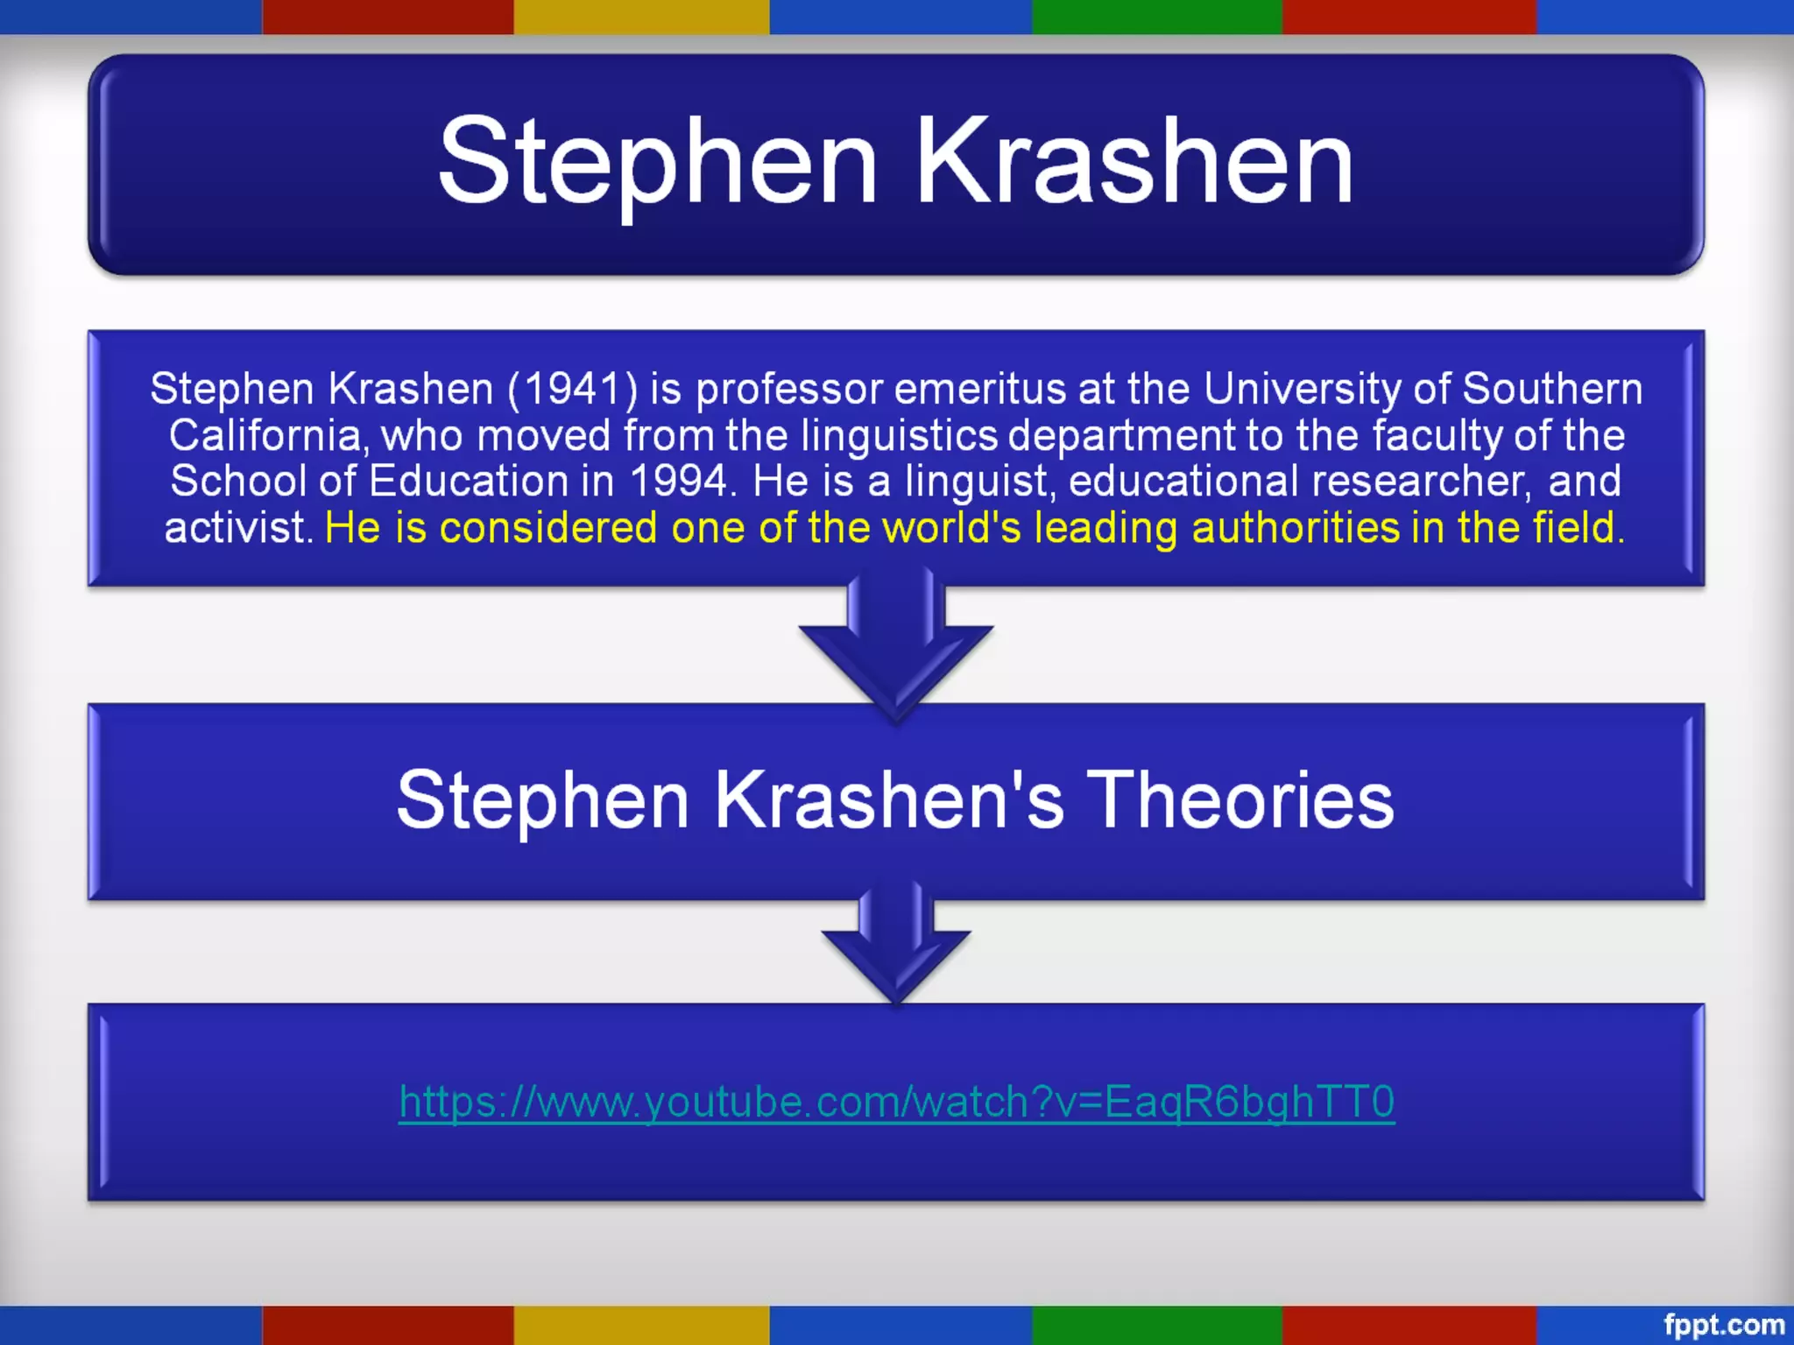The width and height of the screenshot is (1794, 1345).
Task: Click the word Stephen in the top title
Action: (657, 162)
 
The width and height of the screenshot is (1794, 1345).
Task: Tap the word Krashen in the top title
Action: (1134, 162)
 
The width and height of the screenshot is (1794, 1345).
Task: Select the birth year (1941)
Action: (573, 389)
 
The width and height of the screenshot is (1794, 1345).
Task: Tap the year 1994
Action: (679, 481)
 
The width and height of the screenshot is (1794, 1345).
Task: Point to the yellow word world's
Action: (951, 528)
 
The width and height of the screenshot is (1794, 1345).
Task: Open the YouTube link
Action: (896, 1102)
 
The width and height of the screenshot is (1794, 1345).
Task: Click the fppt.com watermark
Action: (1723, 1325)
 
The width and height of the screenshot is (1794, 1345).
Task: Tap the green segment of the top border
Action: (1156, 17)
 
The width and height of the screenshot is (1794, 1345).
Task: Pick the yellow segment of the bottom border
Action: (641, 1325)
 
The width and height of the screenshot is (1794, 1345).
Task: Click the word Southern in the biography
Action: (1552, 389)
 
